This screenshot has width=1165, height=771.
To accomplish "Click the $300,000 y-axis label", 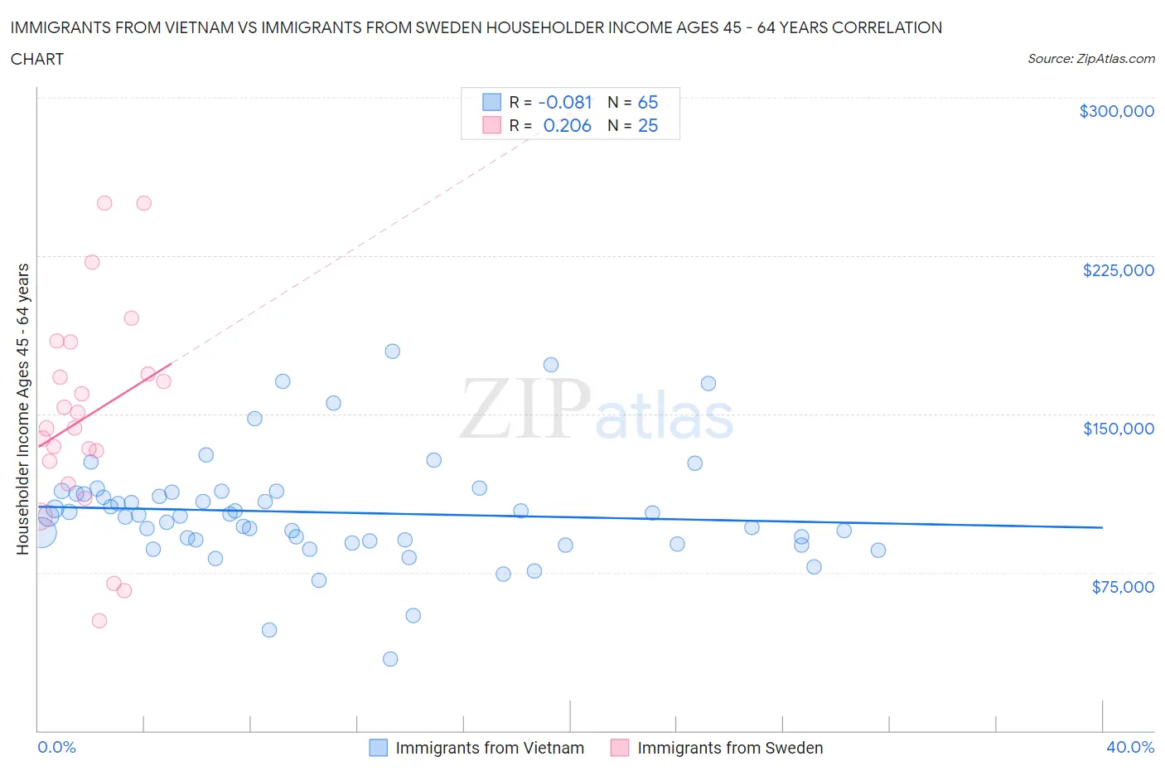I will click(1116, 111).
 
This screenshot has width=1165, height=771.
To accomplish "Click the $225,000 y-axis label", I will click(1118, 270).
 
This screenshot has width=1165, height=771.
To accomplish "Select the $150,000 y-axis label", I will click(1118, 429).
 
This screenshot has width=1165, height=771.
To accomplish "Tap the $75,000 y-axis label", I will click(1123, 587).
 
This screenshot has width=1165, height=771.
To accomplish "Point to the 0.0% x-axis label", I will click(56, 747).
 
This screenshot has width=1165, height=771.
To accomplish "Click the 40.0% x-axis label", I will click(1130, 747).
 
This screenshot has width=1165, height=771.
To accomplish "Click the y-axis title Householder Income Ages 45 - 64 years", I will click(22, 409).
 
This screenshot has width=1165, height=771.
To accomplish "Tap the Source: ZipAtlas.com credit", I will click(1090, 59).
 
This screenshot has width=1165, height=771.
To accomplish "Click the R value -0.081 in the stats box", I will click(565, 102).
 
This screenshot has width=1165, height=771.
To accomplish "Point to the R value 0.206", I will click(567, 125).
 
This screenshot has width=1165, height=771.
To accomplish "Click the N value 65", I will click(647, 102).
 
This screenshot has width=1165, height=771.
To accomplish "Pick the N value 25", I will click(647, 125).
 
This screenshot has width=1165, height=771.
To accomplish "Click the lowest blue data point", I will click(390, 659).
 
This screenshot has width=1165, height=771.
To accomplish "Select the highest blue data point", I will click(393, 352).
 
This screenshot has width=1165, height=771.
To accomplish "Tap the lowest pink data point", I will click(99, 621).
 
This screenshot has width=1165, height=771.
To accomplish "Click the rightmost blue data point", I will click(878, 550).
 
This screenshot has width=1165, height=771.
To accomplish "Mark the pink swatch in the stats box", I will click(492, 125).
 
